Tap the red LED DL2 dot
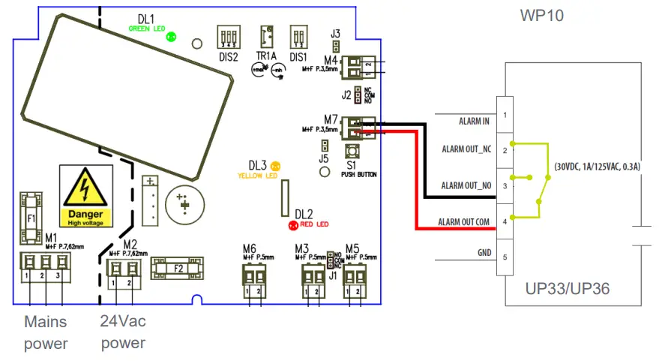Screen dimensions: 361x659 click(293, 224)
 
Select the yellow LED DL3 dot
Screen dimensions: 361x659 click(275, 165)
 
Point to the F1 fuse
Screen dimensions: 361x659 click(30, 218)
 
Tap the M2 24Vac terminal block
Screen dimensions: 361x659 click(124, 269)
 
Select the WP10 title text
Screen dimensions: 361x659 click(541, 15)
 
